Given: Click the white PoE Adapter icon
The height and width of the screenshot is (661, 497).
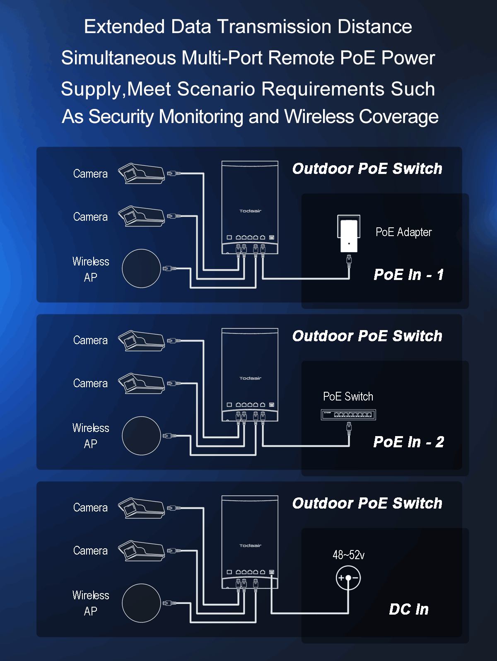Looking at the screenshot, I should coord(349,234).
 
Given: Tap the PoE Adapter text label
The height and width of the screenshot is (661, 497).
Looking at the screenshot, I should coord(403,232).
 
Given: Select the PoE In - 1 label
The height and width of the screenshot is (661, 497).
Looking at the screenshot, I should coord(408,275).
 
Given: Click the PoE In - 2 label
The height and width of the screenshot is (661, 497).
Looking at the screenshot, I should coord(408,442).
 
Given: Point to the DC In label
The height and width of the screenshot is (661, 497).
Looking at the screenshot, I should coord(409,609).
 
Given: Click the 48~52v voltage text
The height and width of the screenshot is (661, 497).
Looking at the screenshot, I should coord(348,555).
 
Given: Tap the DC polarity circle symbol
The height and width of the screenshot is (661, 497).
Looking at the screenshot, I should coord(348,578).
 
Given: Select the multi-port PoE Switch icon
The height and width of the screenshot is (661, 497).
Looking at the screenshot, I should coord(348,414).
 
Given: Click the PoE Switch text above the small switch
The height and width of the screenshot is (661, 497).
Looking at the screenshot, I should coord(348,396).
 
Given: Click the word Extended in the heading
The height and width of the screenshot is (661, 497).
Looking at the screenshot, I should coord(125,27).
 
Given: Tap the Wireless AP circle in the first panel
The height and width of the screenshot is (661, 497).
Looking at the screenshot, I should coord(141,268).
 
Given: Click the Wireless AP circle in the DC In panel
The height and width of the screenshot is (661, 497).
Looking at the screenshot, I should coord(141,603).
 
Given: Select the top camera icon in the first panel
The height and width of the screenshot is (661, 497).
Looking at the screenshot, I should coord(141,174).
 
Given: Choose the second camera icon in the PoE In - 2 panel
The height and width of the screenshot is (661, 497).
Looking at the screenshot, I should coord(141,384).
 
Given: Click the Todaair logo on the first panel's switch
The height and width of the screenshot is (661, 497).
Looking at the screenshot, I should coord(250,211).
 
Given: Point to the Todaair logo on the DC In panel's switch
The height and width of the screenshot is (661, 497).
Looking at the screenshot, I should coord(250,545).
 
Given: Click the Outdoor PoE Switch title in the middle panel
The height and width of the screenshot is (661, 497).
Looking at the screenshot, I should coord(367,336).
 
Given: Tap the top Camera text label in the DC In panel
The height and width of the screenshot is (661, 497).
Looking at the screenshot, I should coord(90,507).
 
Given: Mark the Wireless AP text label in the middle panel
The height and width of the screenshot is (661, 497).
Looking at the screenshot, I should coord(91,436).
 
